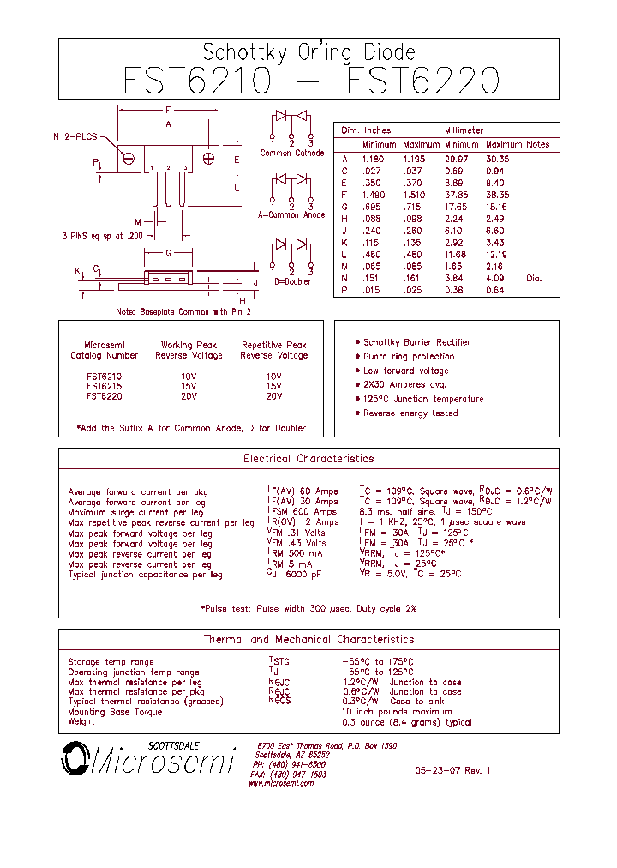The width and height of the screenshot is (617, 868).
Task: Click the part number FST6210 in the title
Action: [197, 81]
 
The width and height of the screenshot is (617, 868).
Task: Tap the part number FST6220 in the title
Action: [423, 81]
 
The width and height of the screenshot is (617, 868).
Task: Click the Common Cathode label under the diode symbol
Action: [292, 153]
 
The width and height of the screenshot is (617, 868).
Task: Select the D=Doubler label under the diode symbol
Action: [292, 281]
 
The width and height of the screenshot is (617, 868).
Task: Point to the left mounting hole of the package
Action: [129, 159]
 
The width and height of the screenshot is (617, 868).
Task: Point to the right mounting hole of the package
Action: [208, 159]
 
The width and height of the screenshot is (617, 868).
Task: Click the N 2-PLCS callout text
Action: [75, 137]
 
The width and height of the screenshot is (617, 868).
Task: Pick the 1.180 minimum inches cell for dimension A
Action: [374, 160]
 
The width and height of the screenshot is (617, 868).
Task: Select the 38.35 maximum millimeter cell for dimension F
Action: [497, 195]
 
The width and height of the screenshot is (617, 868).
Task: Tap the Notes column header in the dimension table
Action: [538, 144]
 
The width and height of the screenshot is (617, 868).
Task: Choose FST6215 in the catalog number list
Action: [104, 386]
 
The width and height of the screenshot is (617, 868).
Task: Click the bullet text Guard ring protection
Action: [409, 357]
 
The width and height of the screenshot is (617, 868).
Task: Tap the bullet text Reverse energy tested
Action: [410, 413]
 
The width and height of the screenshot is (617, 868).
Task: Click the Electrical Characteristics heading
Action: [308, 459]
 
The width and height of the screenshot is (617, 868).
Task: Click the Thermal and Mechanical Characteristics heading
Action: [308, 640]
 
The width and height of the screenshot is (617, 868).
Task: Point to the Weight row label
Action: [81, 722]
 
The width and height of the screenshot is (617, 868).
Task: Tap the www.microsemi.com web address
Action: [282, 783]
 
